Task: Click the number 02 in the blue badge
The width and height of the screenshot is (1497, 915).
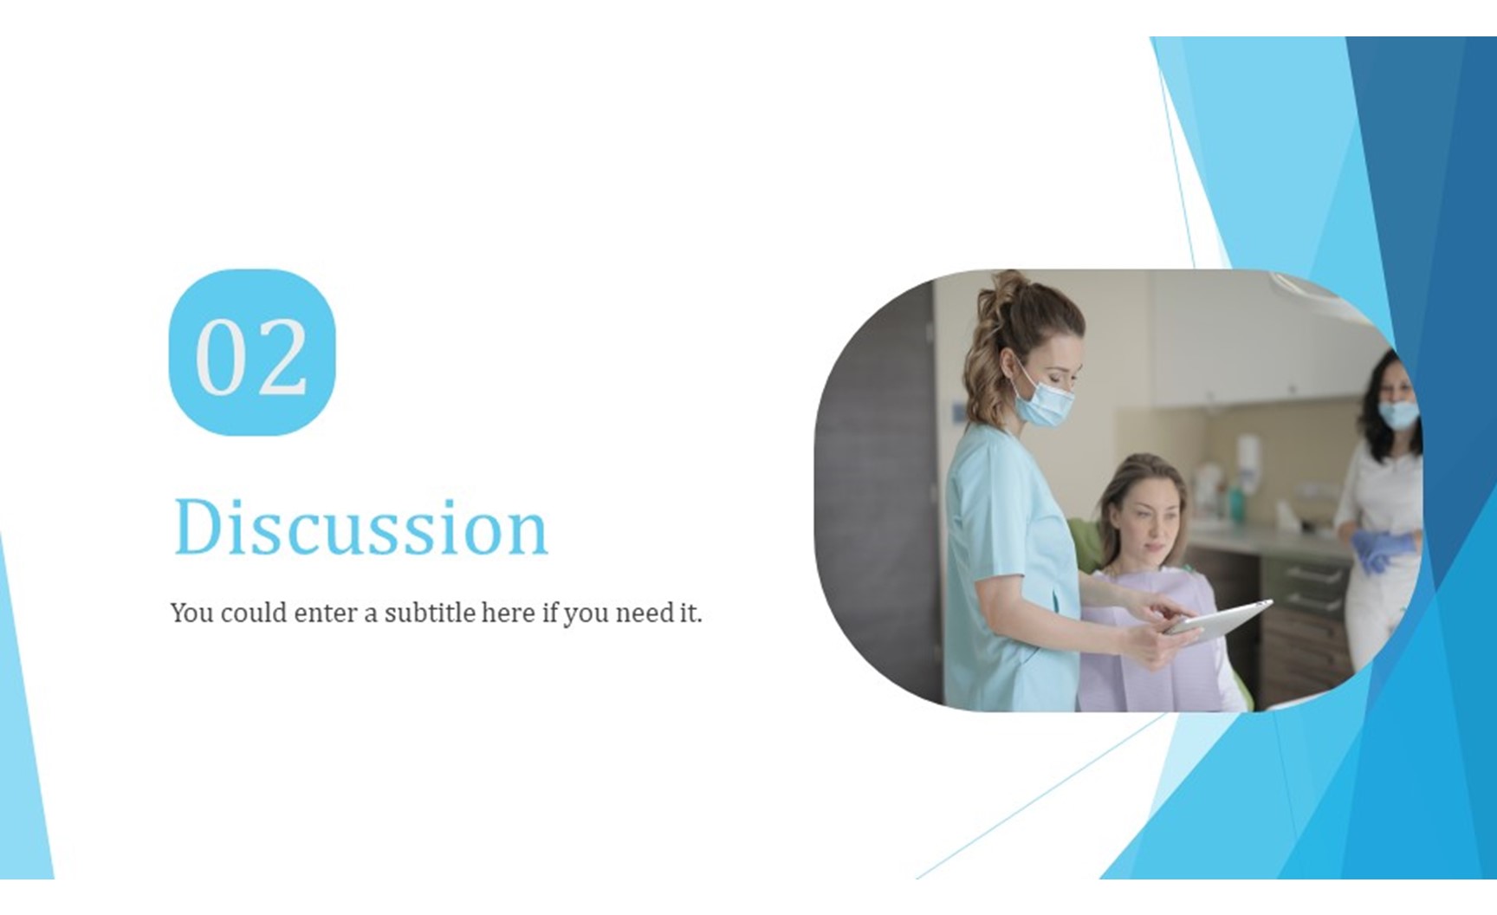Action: pos(251,356)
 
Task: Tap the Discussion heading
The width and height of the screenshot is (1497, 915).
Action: pos(361,527)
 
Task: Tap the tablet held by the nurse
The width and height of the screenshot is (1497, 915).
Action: pos(1217,619)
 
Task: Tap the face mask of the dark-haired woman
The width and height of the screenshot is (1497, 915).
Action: pos(1398,413)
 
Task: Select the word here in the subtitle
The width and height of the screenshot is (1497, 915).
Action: pos(508,613)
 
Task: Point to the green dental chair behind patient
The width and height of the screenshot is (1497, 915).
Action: pos(1084,546)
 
